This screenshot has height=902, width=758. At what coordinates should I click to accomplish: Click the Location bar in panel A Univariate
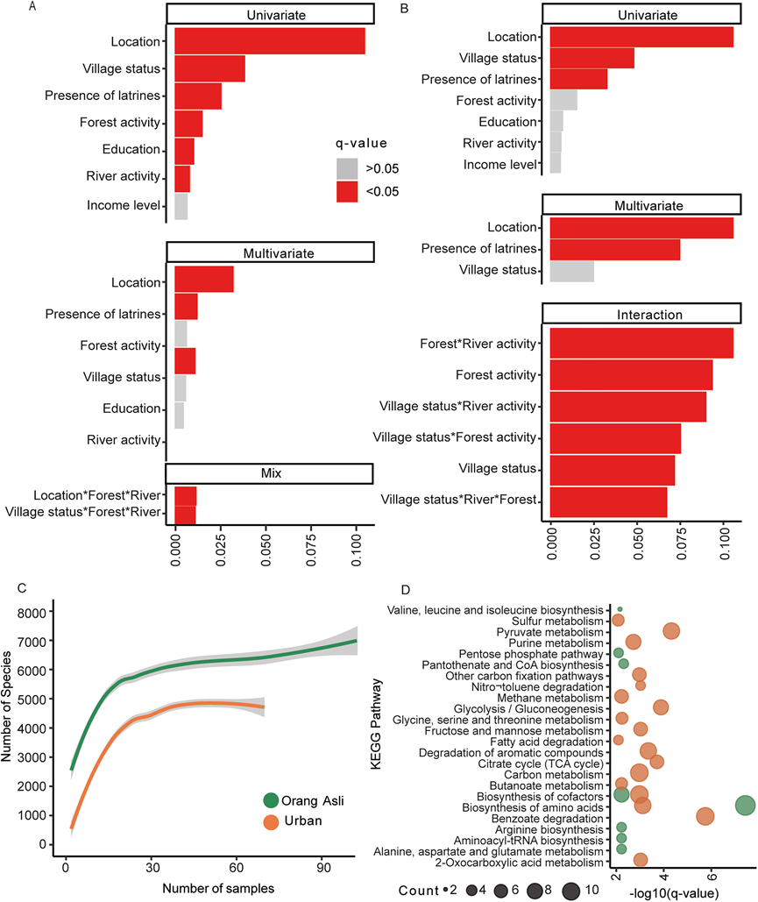coord(270,41)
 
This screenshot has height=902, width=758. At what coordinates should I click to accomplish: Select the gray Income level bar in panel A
coord(181,206)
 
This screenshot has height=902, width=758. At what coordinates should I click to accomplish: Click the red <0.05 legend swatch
coord(347,193)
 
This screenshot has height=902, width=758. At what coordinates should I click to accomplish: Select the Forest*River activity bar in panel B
coord(641,343)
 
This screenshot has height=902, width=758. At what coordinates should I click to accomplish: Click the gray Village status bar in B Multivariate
coord(572,271)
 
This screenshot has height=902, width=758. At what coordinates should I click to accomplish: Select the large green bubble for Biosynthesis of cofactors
coord(745,806)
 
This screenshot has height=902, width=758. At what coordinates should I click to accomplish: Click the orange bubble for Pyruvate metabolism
coord(671,631)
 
